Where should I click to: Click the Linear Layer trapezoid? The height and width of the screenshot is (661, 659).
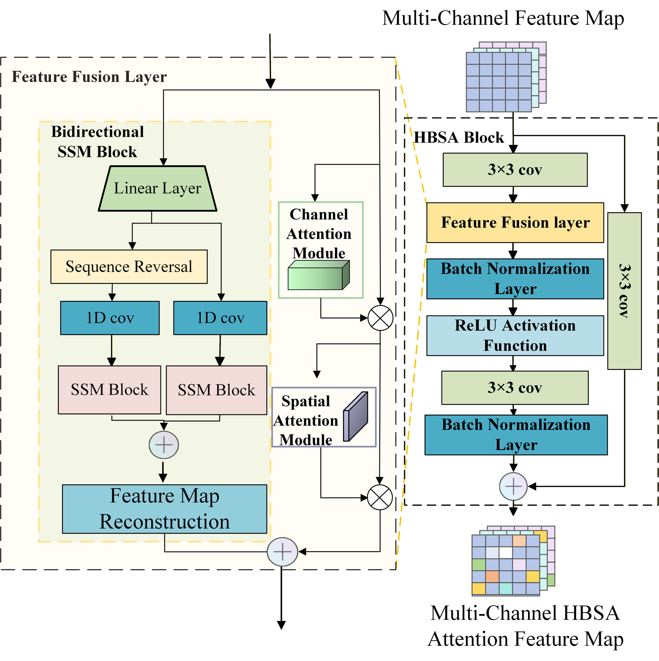click(157, 189)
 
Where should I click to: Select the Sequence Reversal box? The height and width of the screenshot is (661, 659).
click(129, 267)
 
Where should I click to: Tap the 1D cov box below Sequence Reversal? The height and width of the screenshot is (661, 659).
click(110, 318)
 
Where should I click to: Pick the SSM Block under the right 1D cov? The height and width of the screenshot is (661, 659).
click(216, 390)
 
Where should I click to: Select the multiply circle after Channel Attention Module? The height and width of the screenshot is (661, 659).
click(380, 318)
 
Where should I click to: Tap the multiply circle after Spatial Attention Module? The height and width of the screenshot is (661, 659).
click(380, 497)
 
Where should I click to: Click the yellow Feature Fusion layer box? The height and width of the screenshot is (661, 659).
click(515, 222)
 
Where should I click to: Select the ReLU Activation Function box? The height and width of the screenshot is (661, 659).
click(515, 336)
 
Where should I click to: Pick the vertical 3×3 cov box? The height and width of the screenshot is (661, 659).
click(624, 291)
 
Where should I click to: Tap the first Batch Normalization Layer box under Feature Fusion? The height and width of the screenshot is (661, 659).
click(515, 279)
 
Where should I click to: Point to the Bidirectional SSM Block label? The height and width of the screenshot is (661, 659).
click(98, 142)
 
